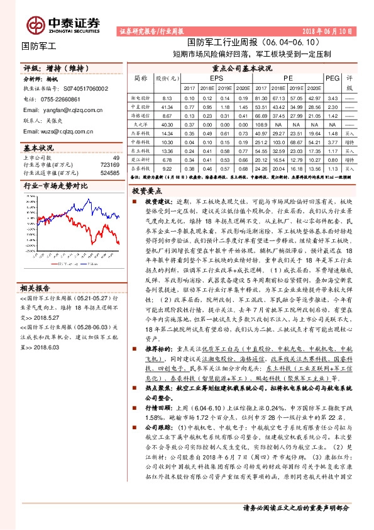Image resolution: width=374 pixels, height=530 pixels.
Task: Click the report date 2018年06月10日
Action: (333, 30)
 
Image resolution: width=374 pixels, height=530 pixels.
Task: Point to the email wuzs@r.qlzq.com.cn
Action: (58, 131)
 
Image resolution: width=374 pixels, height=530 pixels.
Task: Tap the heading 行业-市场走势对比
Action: (55, 187)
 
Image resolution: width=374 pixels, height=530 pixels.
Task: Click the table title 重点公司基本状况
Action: (241, 68)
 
